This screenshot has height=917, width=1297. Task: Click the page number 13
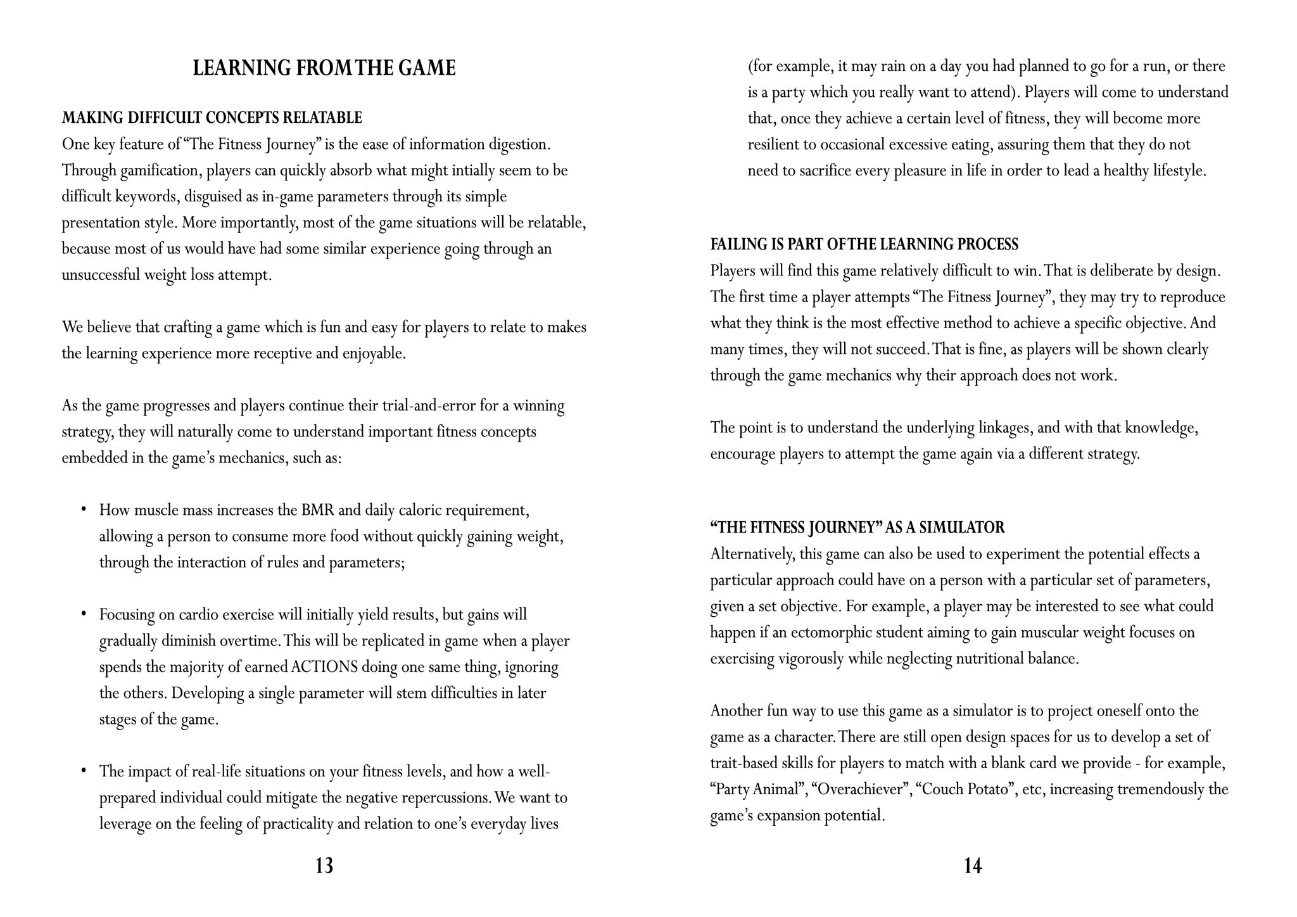(x=324, y=866)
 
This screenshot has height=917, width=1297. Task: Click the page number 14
(x=973, y=866)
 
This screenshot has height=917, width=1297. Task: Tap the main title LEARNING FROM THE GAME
(x=324, y=68)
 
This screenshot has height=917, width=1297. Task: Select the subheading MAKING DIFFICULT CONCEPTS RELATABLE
(x=212, y=118)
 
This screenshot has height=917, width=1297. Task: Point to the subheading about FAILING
(x=864, y=244)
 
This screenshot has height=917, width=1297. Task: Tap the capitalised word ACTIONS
(x=325, y=667)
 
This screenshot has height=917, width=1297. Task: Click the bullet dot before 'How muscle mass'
(x=83, y=509)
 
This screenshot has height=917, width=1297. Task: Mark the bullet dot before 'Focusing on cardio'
(x=83, y=614)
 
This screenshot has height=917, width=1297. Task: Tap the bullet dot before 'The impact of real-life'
(x=83, y=771)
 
